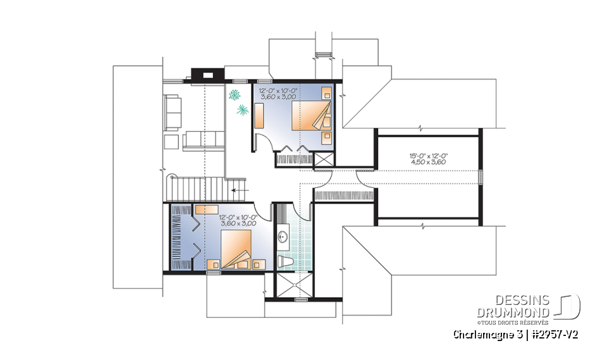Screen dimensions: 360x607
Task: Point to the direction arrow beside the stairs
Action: pos(238,189)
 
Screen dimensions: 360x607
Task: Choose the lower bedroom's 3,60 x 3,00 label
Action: pos(238,223)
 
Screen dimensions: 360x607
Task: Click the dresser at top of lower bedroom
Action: pos(207,208)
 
